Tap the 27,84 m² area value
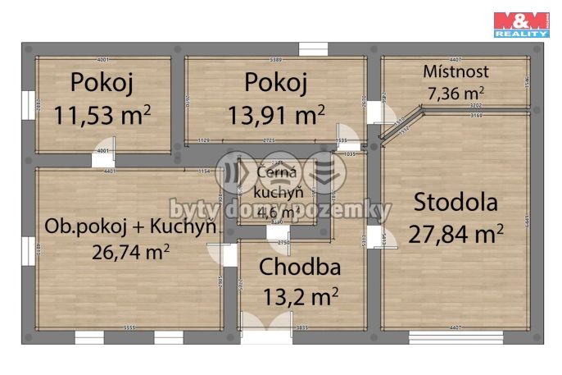(x=455, y=234)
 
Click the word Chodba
(x=300, y=267)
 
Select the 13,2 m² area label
(x=300, y=295)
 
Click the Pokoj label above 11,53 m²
(x=102, y=82)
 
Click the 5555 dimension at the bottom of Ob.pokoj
(x=129, y=328)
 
